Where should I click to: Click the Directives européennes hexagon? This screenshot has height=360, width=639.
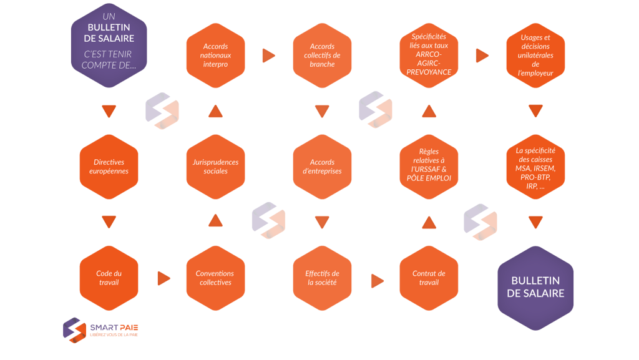click(x=109, y=167)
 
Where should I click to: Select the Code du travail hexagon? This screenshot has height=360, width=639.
click(x=109, y=278)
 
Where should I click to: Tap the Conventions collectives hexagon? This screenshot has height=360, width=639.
click(x=215, y=278)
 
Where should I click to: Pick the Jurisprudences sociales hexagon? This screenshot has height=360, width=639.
click(x=215, y=167)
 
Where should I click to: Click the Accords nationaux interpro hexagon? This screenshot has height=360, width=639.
click(x=215, y=56)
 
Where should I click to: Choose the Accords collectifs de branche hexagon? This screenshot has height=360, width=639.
click(x=322, y=56)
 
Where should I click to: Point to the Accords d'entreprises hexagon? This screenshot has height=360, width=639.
click(x=322, y=167)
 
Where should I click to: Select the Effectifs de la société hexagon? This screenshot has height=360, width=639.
click(x=322, y=278)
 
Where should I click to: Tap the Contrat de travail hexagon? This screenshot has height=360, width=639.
click(x=429, y=278)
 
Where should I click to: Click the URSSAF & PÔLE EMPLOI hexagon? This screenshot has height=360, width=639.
click(x=429, y=167)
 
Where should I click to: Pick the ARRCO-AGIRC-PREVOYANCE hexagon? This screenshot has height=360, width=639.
click(x=429, y=56)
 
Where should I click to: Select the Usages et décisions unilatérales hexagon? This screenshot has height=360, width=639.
click(x=535, y=56)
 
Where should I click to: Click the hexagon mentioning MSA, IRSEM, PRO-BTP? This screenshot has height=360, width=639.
click(x=535, y=167)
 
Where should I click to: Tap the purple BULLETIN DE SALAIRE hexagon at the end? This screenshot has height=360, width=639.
click(x=535, y=288)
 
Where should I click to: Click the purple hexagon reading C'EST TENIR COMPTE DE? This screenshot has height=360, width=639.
click(x=109, y=46)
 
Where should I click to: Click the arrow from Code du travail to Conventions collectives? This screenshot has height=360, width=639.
click(x=163, y=278)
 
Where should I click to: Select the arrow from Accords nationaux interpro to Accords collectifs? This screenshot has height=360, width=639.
click(x=269, y=56)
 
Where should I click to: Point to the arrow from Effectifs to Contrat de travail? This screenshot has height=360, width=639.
click(x=377, y=281)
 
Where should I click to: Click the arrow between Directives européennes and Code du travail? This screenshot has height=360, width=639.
click(x=109, y=221)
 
